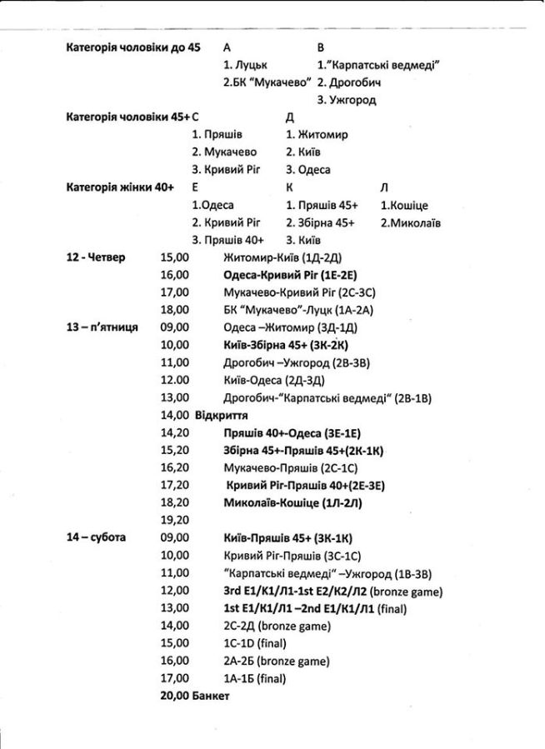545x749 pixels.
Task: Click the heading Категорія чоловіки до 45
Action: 133,47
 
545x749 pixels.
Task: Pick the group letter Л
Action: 384,187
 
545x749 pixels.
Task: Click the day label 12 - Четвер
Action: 95,257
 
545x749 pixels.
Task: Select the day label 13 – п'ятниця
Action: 102,327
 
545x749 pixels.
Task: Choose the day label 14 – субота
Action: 96,537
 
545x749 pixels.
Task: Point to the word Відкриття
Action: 220,415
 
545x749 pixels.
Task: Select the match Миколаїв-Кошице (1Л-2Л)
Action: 292,502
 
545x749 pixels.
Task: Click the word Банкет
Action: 210,695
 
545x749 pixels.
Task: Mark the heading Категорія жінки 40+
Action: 119,187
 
